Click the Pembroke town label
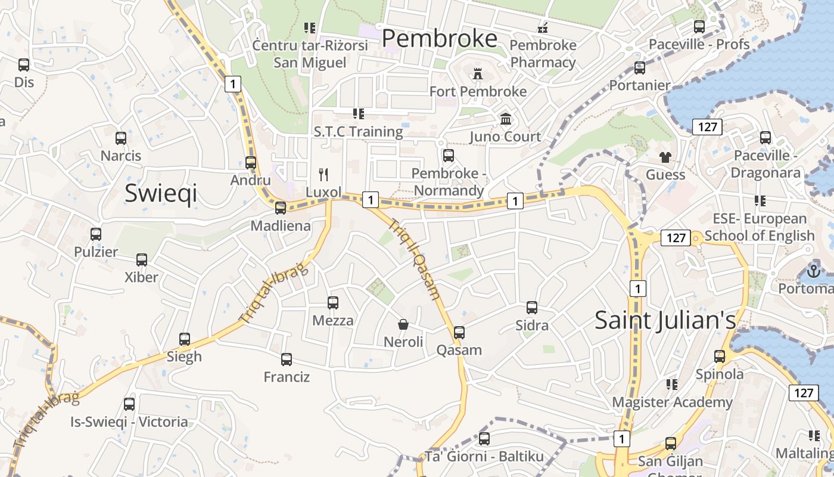(440, 39)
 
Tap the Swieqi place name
(161, 194)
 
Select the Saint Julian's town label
(665, 320)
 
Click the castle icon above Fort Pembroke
(477, 74)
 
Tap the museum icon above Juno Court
(506, 119)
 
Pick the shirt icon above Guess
(665, 157)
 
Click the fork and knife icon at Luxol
(323, 174)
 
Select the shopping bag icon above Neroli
(403, 324)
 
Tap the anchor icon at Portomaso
(813, 271)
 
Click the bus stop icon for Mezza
(333, 303)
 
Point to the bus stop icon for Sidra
(532, 308)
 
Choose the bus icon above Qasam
(459, 332)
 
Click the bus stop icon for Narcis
(121, 138)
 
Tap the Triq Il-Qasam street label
(415, 259)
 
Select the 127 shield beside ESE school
(676, 238)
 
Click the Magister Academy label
(672, 402)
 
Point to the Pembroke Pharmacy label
(543, 54)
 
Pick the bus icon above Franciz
(287, 360)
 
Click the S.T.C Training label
(358, 131)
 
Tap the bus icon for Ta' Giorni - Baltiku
(484, 439)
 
